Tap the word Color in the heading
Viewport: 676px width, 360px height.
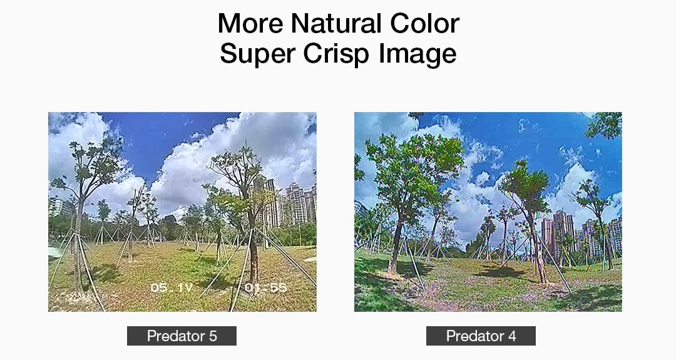point(424,23)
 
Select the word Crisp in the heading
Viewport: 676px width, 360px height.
point(336,53)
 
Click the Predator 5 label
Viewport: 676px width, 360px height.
point(182,336)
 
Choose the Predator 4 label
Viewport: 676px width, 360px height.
point(481,336)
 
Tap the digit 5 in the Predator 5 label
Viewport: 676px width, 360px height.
point(213,336)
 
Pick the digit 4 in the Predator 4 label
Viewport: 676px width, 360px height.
point(512,336)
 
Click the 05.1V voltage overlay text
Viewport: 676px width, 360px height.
point(172,287)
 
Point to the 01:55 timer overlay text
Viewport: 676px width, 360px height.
point(265,287)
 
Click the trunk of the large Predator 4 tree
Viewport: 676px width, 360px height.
point(396,244)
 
